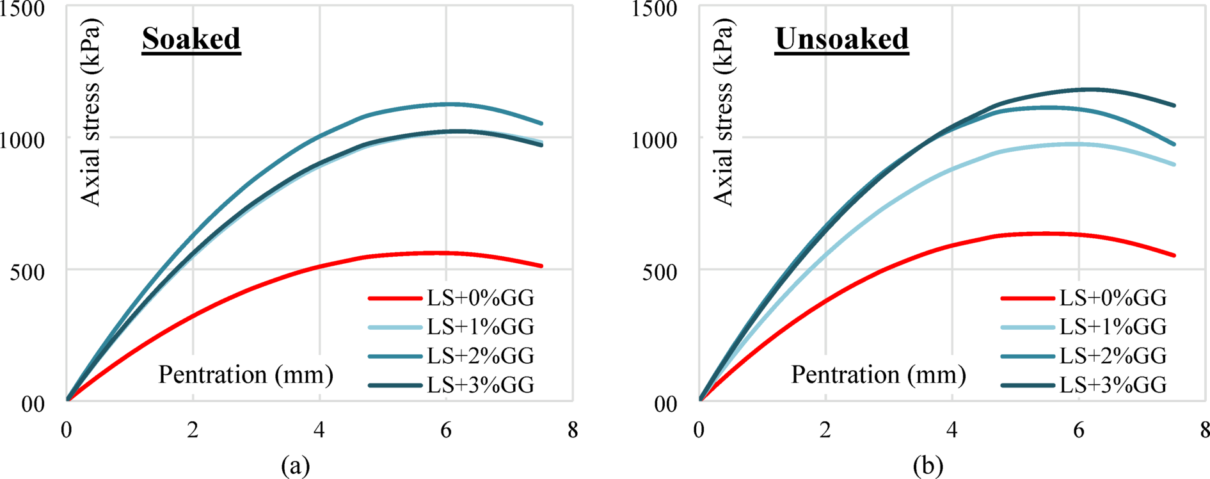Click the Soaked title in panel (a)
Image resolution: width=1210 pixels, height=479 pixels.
point(191,40)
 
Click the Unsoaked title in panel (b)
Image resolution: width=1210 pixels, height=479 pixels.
point(841,40)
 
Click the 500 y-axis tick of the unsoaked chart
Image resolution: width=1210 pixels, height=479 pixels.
point(658,272)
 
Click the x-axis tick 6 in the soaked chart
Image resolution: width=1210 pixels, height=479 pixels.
point(446,430)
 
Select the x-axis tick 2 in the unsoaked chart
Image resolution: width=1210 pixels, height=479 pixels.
point(825,430)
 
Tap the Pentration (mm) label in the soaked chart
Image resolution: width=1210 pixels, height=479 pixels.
point(246,375)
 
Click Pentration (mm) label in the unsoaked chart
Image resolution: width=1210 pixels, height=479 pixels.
point(879,375)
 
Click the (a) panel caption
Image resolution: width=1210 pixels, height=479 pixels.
point(295,466)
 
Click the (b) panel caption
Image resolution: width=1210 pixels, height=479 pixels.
point(928,466)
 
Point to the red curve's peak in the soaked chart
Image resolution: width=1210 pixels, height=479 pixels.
point(442,253)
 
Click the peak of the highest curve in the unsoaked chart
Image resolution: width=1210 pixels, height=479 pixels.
point(1088,89)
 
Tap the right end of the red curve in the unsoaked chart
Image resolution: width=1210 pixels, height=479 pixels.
point(1174,256)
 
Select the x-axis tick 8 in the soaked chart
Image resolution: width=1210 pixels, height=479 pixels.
point(572,430)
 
